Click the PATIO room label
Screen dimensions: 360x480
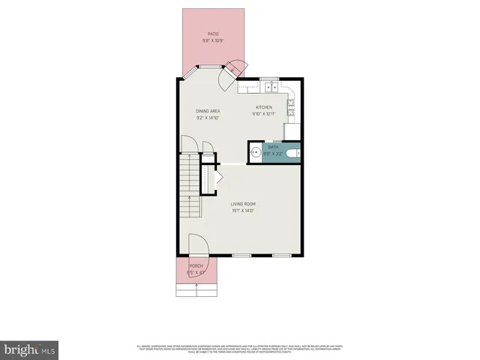(214, 34)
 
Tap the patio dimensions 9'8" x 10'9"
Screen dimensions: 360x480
(214, 40)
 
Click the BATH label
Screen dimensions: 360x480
(273, 148)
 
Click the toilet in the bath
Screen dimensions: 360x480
(294, 153)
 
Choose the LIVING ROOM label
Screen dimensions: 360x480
(243, 204)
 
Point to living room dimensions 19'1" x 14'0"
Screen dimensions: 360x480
(243, 211)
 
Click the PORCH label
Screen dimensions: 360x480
(196, 266)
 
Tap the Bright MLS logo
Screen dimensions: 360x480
(30, 349)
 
